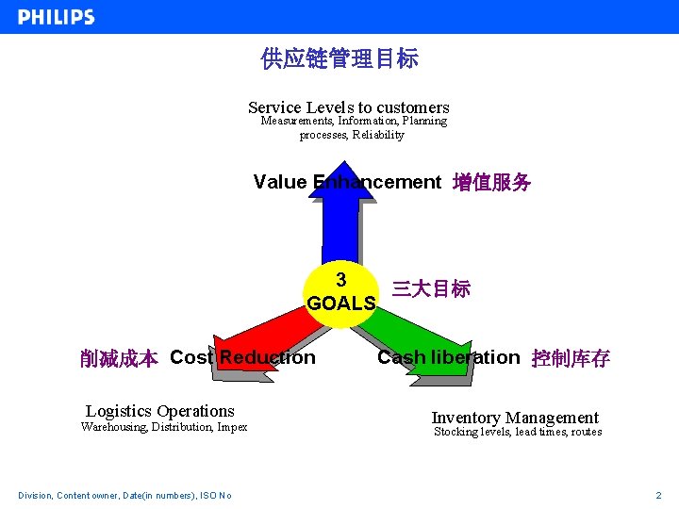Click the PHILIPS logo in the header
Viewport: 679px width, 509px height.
point(57,17)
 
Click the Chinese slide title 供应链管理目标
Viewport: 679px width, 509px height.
point(339,59)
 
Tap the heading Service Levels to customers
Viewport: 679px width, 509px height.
point(348,107)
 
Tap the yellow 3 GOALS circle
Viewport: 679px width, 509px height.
point(341,293)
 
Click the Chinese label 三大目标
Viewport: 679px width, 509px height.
point(431,289)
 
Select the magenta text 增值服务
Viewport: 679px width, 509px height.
point(491,183)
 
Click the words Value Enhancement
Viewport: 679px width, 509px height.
point(347,182)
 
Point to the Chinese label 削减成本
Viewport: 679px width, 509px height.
point(119,358)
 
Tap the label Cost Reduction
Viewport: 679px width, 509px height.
point(242,357)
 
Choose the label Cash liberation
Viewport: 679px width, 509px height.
point(448,357)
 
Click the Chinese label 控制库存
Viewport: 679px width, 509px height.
point(571,358)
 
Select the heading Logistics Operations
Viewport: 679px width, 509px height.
point(159,411)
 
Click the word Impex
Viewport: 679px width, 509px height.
point(231,427)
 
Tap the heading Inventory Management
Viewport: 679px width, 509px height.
point(515,418)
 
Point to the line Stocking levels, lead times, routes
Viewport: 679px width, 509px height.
point(517,433)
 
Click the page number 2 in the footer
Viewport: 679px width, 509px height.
point(658,495)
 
